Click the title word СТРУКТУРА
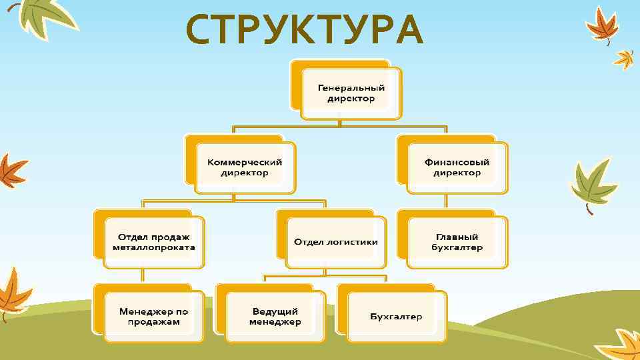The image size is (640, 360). coord(304,30)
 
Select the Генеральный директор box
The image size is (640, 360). coord(351,93)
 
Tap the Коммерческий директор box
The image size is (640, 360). coord(245,167)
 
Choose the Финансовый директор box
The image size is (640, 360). coord(457,167)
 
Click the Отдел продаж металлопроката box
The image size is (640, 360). coord(154,242)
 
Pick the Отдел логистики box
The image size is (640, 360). coord(336,242)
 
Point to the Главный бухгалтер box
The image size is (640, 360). coord(457,242)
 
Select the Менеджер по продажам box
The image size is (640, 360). coord(154,317)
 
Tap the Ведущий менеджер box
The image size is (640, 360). coord(275,317)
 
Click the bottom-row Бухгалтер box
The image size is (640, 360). coord(396,317)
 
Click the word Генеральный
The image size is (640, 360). coord(351,88)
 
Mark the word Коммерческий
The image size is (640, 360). coord(245,162)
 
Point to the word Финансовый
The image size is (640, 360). coord(457,162)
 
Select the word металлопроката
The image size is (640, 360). coord(154,247)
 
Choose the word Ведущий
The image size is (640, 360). coord(275,311)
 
